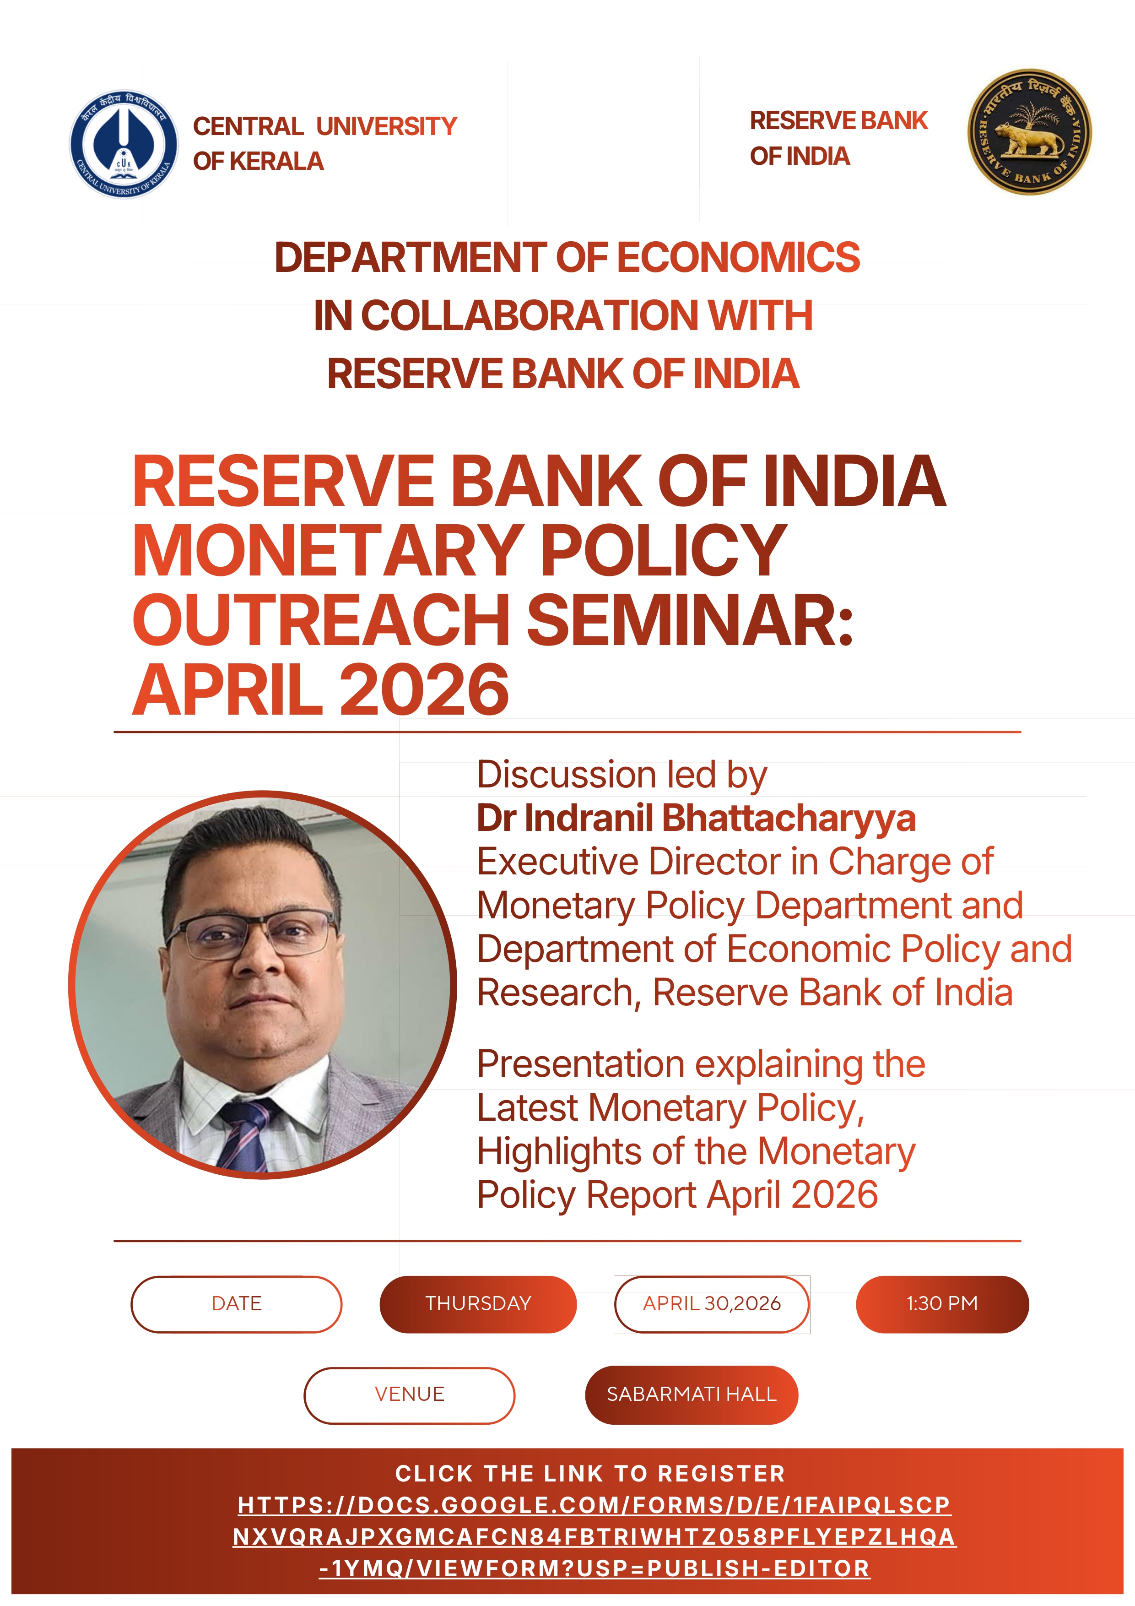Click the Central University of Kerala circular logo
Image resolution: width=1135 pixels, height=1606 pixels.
(124, 144)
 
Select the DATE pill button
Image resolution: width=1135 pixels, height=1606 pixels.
(236, 1304)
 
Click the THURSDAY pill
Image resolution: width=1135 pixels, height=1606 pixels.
(478, 1304)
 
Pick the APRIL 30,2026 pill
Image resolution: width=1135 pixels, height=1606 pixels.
(712, 1304)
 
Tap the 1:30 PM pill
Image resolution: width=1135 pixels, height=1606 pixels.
(942, 1304)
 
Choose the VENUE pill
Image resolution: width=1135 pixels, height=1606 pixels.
(409, 1395)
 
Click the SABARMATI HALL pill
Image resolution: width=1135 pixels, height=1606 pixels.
(692, 1395)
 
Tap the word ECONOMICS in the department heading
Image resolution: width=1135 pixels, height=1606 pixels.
(739, 257)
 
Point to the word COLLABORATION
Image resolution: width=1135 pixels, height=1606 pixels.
(530, 315)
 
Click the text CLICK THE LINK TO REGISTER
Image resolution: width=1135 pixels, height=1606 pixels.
(590, 1473)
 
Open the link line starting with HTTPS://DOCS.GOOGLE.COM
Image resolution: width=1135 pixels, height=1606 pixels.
(595, 1504)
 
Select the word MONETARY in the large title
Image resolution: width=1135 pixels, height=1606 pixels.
(328, 550)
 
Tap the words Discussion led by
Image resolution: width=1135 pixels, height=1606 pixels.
(622, 775)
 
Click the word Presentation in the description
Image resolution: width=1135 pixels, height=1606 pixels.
(580, 1064)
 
